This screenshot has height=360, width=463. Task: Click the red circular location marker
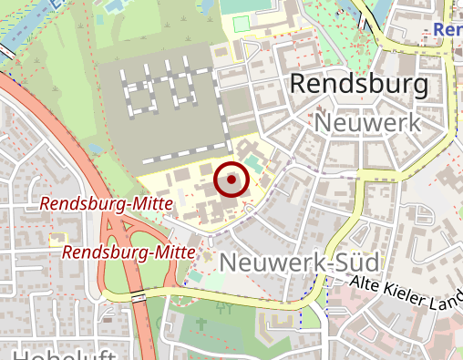231,180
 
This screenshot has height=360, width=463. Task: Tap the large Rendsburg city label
358,86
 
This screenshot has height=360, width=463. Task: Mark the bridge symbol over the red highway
139,297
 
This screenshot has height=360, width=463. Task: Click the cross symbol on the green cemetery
220,309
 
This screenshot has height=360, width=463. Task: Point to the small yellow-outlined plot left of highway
57,240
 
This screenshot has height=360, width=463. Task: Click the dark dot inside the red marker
231,180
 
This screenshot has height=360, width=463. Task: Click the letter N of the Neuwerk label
324,122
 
